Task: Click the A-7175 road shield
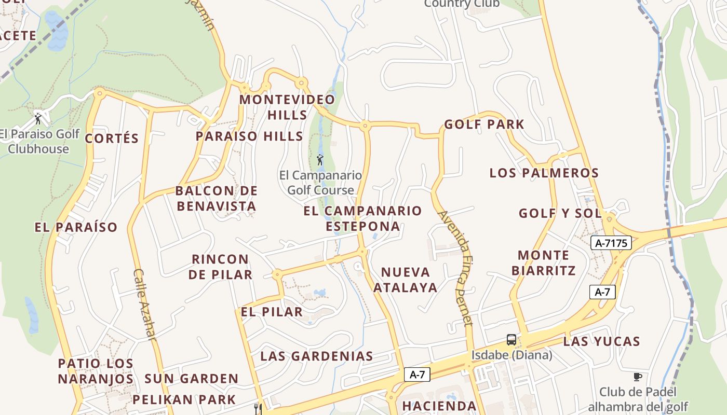coord(611,243)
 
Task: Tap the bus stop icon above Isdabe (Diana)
coord(511,340)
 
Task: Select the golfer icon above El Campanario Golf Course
coord(320,159)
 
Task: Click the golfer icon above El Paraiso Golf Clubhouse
coord(38,119)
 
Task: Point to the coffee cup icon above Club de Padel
coord(638,377)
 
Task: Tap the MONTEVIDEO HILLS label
coord(287,107)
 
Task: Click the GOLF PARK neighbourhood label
coord(484,125)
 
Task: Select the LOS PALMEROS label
coord(544,173)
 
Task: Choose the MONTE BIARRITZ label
coord(544,262)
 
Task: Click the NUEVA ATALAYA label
coord(406,280)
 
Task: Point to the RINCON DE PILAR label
coord(221,267)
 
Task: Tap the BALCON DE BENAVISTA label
coord(217,198)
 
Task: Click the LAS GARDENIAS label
coord(317,356)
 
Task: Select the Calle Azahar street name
coord(144,305)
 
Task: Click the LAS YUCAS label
coord(602,341)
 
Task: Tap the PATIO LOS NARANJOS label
coord(96,371)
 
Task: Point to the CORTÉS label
coord(112,139)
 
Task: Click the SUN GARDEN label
coord(191,379)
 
